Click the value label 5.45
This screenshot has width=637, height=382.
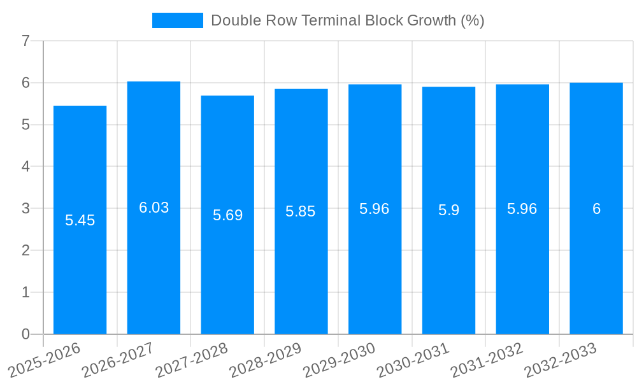coord(80,220)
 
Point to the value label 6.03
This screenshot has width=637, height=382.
coord(154,208)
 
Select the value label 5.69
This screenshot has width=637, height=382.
coord(227,215)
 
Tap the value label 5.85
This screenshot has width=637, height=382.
coord(301,211)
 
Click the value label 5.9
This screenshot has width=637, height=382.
coord(448,210)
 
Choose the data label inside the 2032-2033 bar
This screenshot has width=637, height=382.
coord(596,209)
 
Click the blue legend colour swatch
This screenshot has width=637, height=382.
coord(177,20)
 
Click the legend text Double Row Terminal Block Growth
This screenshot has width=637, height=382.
coord(347,20)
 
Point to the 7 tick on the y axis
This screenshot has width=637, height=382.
coord(25,41)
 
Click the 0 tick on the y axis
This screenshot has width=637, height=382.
coord(25,334)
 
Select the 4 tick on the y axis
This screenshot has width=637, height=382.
coord(25,167)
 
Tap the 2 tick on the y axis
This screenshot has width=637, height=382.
coord(25,250)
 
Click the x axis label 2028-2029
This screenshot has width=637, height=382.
coord(266,360)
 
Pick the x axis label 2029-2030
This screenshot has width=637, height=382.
coord(340,360)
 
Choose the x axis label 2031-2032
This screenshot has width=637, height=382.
coord(487,360)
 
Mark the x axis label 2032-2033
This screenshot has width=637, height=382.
coord(561,360)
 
